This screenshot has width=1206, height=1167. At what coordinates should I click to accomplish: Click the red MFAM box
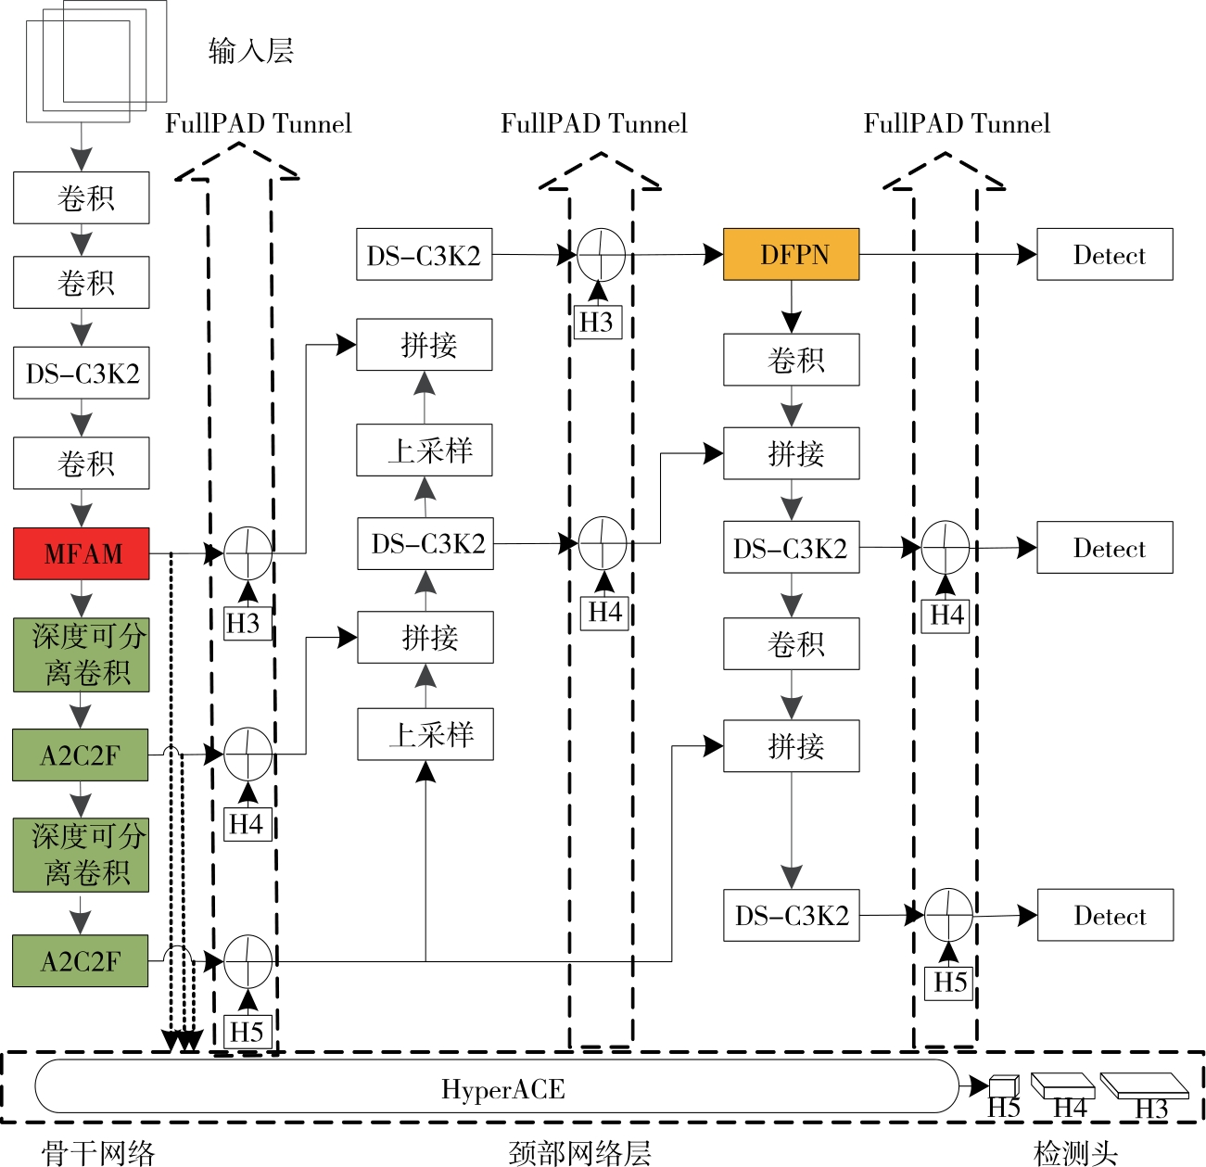coord(82,553)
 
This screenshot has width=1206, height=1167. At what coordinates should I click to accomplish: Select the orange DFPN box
coord(791,254)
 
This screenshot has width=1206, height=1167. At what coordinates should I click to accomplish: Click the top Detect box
coord(1104,254)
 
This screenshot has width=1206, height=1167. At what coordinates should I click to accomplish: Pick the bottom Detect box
coord(1105,915)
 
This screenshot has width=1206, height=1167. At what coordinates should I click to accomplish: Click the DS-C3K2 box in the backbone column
coord(82,374)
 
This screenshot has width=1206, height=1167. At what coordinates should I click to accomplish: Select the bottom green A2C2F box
coord(81,960)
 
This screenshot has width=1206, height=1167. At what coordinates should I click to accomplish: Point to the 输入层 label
coord(251,51)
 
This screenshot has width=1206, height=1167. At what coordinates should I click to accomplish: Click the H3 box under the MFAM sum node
coord(245,623)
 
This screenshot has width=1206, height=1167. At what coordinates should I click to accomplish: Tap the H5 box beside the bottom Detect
coord(949,982)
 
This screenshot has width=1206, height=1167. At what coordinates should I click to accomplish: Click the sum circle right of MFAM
coord(248,553)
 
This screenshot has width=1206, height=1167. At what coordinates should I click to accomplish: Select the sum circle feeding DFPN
coord(602,254)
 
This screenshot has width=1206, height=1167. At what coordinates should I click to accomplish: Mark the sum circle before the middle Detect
coord(945,547)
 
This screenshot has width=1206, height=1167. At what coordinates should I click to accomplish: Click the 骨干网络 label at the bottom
coord(98,1152)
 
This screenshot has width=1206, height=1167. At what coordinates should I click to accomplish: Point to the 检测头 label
coord(1074,1152)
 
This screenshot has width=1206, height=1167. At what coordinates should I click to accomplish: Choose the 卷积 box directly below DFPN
coord(791,360)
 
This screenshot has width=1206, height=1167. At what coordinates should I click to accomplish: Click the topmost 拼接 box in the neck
coord(425,345)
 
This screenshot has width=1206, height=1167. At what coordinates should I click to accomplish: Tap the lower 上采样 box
coord(425,734)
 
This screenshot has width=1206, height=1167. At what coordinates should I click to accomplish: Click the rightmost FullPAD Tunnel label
coord(957,124)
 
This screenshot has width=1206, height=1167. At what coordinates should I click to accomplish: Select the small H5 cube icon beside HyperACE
coord(1003,1085)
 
